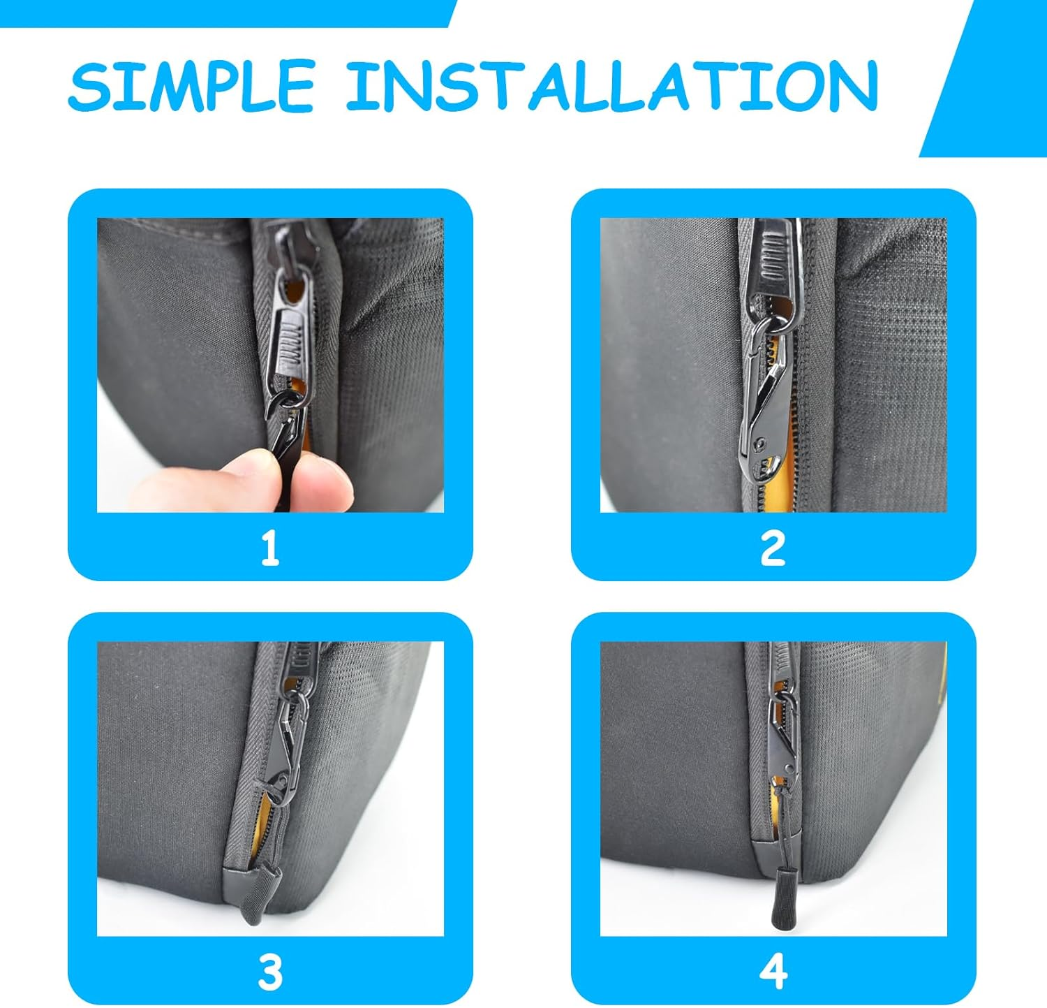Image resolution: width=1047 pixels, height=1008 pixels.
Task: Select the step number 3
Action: click(270, 972)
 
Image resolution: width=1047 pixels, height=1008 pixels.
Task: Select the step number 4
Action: click(773, 972)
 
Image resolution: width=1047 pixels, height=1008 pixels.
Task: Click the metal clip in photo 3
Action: click(286, 740)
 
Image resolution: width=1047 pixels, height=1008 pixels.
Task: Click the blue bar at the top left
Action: click(223, 13)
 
